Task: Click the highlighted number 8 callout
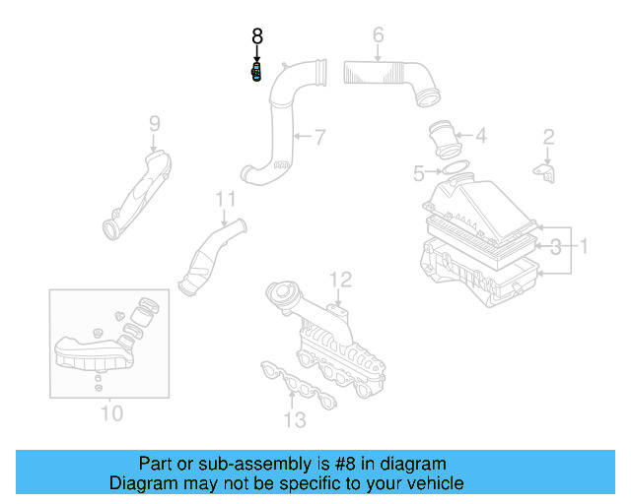tap(257, 36)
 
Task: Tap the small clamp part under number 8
tap(257, 73)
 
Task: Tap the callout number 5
tap(419, 174)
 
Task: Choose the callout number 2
tap(549, 137)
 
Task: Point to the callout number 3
tap(557, 245)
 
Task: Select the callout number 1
tap(583, 245)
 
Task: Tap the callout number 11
tap(227, 200)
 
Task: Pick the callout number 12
tap(339, 280)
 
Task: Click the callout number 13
tap(294, 420)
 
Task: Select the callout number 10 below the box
tap(111, 412)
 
